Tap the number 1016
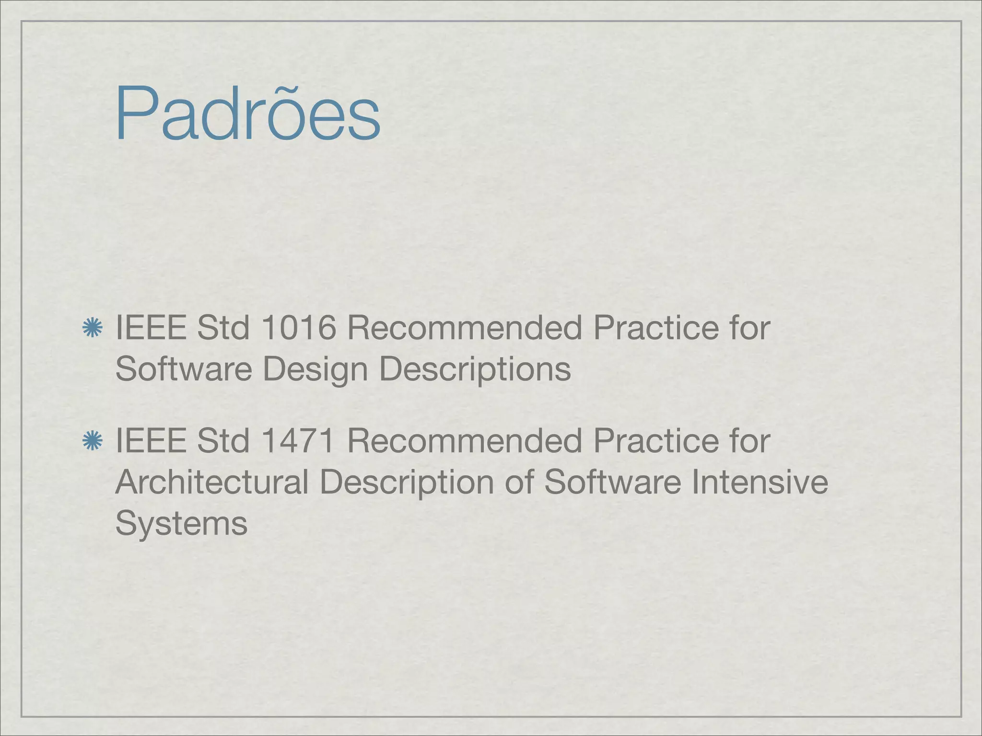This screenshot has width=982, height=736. [299, 328]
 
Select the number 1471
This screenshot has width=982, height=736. [299, 441]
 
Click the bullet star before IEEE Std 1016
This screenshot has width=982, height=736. [92, 328]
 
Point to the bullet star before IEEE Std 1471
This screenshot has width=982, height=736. [92, 441]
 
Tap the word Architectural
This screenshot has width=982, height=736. [212, 482]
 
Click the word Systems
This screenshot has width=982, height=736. [181, 523]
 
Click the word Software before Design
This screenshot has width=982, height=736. [184, 369]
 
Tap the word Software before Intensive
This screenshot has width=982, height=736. [612, 482]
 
